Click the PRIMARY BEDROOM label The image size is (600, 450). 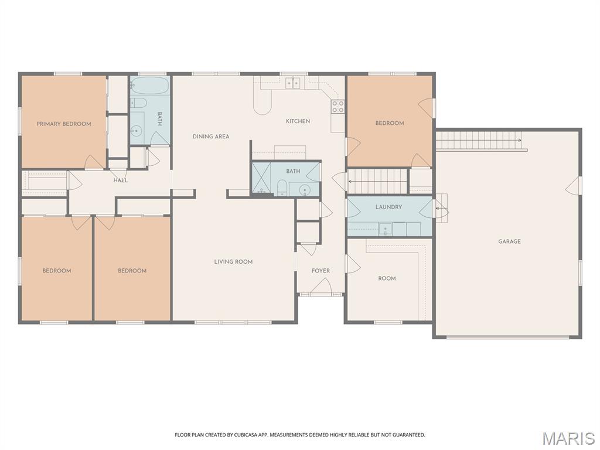64,124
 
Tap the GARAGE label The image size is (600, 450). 509,241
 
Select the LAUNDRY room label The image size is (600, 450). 388,207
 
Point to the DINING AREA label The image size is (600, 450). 211,137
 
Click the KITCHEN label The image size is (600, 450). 298,121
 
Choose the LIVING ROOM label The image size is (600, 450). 233,262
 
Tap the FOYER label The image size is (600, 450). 321,271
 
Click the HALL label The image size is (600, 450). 121,180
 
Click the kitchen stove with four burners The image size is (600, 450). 338,107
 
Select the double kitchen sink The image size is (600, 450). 293,83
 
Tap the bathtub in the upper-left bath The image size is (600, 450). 149,86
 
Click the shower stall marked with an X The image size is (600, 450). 261,178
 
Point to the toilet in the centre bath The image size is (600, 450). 282,187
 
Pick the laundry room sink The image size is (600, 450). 386,229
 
